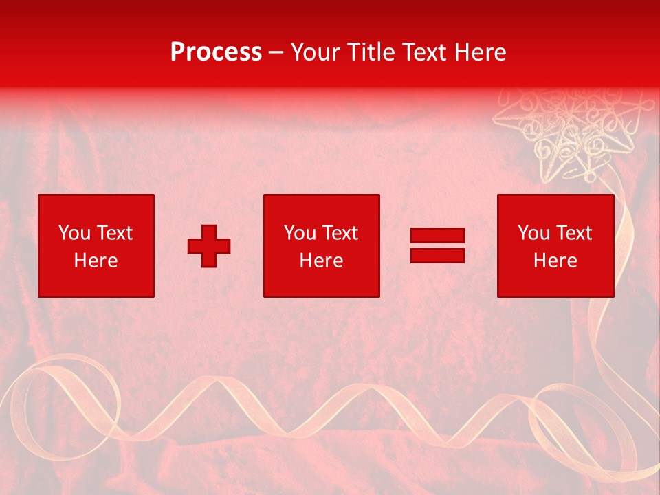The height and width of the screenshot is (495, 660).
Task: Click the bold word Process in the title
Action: point(216,52)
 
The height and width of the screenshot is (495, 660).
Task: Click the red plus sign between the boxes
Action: point(209,246)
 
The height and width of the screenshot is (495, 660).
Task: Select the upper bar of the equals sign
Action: point(437,235)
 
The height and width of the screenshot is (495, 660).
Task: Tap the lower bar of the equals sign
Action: point(437,255)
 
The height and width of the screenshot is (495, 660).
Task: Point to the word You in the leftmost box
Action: point(74,233)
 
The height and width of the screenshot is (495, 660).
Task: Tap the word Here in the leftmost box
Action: point(96,261)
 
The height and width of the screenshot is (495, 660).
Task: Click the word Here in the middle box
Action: point(322,261)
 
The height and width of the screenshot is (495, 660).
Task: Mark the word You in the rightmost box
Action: point(533,233)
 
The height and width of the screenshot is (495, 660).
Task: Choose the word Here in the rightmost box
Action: point(555,261)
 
